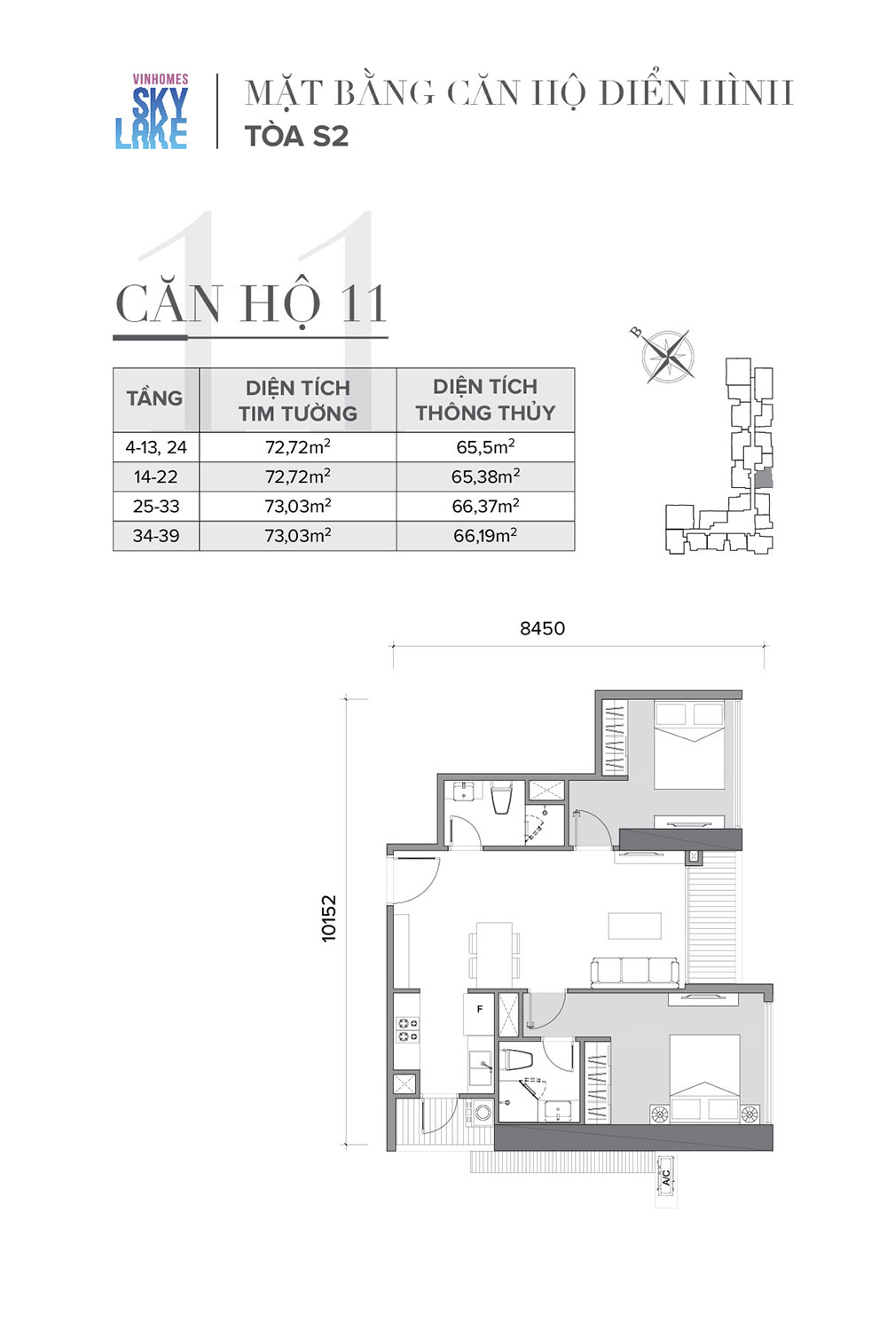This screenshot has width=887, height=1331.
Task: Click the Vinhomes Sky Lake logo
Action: point(152,111)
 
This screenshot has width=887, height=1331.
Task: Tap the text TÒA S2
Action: point(296,137)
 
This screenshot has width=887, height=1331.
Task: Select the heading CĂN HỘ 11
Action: point(251,304)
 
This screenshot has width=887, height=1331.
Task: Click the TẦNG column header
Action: point(154,398)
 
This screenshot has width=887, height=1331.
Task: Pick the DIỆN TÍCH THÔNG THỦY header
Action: point(485,399)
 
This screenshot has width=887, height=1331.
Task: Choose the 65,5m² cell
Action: point(485,447)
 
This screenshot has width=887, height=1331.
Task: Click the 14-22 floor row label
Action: point(155,476)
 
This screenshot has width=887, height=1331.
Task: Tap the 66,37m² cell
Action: point(485,507)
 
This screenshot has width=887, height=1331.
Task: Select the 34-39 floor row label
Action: point(155,536)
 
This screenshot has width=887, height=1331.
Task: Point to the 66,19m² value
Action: point(485,536)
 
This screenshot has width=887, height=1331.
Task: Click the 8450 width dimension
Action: point(543,628)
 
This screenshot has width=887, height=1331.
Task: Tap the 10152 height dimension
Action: point(328,918)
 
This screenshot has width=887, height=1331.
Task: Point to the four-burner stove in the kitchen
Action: point(407,1030)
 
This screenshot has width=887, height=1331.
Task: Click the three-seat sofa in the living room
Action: point(634,973)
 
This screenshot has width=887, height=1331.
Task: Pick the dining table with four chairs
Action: point(494,956)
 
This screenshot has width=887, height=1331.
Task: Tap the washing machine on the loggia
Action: point(482,1111)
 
